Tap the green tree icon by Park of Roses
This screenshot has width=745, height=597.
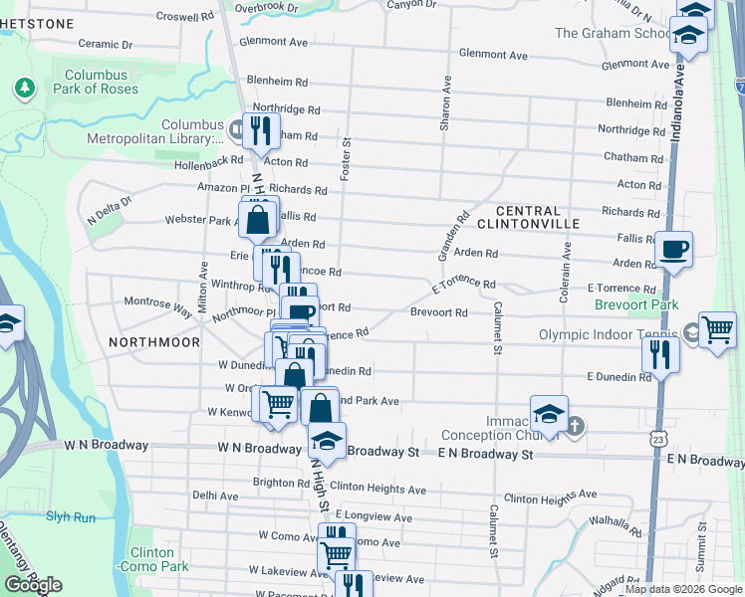23,89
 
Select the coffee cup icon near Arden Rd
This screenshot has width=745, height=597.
673,249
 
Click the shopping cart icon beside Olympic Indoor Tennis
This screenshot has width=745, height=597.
717,329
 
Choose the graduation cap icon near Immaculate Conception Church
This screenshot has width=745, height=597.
549,413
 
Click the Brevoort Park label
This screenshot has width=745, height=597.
634,304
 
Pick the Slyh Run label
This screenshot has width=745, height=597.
70,516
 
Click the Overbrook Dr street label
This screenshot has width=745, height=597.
266,7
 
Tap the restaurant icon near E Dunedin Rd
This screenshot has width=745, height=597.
660,354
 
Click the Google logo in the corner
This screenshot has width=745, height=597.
33,585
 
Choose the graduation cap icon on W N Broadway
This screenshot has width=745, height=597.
327,440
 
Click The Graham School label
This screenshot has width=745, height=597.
613,33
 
